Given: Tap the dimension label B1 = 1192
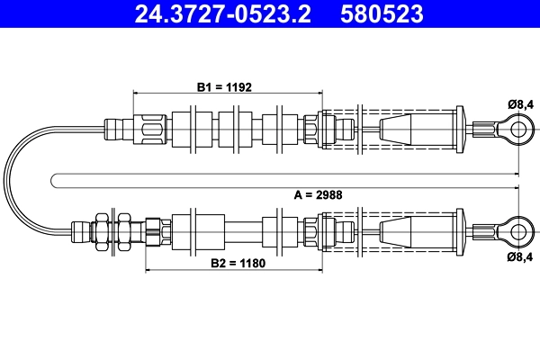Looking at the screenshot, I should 224,87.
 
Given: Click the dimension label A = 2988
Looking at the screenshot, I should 318,193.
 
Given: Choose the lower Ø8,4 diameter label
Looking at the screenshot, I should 520,256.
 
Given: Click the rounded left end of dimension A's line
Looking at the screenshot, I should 54,180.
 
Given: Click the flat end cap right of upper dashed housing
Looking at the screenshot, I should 462,129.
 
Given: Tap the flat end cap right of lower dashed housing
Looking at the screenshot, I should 462,229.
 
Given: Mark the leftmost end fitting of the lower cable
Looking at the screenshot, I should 82,229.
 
